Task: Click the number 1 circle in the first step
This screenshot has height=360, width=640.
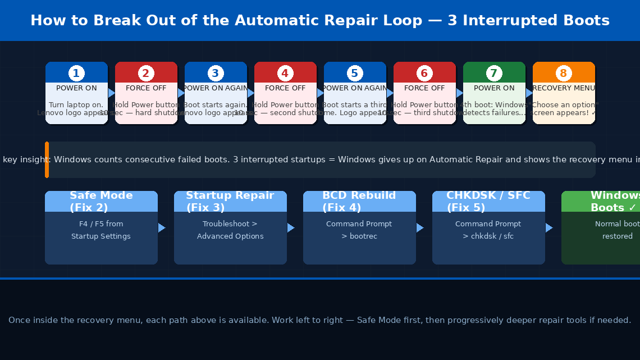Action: point(76,74)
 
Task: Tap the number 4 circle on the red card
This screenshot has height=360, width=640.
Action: point(285,74)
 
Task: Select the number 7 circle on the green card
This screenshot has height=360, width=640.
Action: point(494,74)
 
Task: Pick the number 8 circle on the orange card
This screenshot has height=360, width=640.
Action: point(564,74)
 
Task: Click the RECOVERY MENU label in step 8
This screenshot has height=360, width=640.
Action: point(564,88)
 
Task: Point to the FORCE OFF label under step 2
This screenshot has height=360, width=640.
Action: point(146,88)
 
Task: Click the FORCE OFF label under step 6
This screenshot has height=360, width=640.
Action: point(424,88)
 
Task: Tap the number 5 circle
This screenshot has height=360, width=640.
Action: point(355,74)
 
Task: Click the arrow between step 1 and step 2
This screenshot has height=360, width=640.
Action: point(111,93)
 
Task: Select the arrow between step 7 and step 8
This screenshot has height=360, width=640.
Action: point(529,93)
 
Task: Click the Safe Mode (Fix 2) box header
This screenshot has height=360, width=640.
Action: point(101,202)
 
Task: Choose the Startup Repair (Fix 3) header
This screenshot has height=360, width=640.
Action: point(230,202)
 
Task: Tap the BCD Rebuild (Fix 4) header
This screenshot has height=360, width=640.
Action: point(359,202)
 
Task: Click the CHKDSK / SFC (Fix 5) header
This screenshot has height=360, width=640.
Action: point(488,202)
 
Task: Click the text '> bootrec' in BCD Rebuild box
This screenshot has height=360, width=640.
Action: point(359,236)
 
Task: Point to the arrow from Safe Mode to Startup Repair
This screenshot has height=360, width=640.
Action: point(162,227)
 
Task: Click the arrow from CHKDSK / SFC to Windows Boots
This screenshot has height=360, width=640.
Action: point(549,227)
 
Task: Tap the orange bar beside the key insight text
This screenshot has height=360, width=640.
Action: point(47,160)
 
